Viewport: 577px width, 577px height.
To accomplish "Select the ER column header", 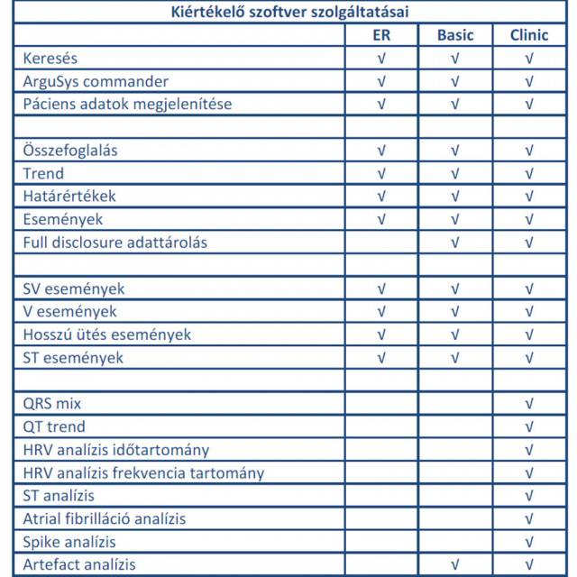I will pyautogui.click(x=381, y=35).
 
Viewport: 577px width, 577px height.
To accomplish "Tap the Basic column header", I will pyautogui.click(x=455, y=35).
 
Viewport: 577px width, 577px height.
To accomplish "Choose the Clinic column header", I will pyautogui.click(x=529, y=35).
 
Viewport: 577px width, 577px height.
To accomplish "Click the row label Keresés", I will pyautogui.click(x=50, y=59).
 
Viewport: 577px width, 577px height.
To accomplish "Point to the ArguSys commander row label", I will pyautogui.click(x=96, y=81).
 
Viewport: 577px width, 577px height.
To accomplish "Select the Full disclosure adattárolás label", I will pyautogui.click(x=121, y=243).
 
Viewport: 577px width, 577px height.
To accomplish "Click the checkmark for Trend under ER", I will pyautogui.click(x=381, y=173).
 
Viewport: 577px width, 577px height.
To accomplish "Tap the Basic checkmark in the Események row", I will pyautogui.click(x=455, y=219).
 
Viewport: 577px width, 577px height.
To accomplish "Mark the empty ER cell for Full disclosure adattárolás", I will pyautogui.click(x=381, y=243).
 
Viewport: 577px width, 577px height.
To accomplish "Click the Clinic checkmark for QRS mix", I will pyautogui.click(x=529, y=404).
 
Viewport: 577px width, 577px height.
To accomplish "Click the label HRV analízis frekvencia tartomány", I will pyautogui.click(x=143, y=472).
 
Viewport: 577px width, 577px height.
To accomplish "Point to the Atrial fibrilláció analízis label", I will pyautogui.click(x=105, y=518).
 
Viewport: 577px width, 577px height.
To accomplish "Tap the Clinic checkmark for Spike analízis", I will pyautogui.click(x=529, y=542).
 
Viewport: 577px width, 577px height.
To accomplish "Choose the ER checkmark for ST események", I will pyautogui.click(x=381, y=358).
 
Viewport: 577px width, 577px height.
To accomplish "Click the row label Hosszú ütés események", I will pyautogui.click(x=106, y=334).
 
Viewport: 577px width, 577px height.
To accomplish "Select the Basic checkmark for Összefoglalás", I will pyautogui.click(x=455, y=151).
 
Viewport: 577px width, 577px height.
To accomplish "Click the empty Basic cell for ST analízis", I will pyautogui.click(x=455, y=496).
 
